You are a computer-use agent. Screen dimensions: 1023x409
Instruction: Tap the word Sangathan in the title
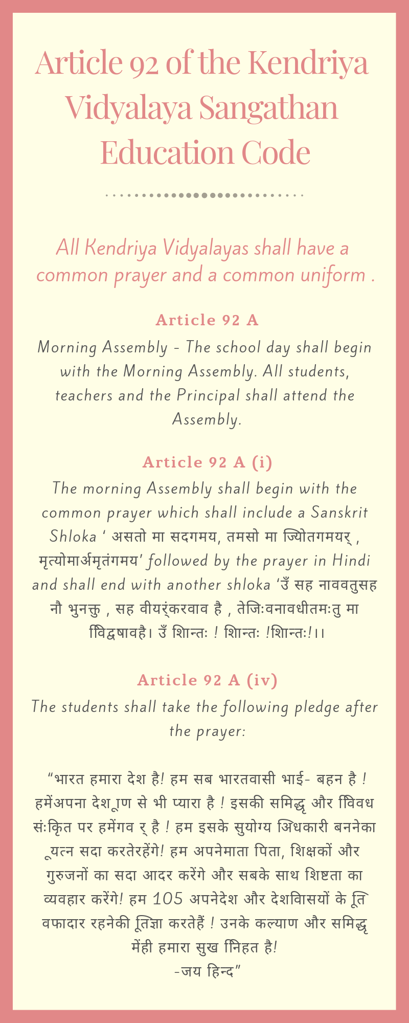(268, 107)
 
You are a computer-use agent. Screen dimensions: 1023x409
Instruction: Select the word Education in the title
(167, 152)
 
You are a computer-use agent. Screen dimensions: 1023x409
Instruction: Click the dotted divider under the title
(204, 195)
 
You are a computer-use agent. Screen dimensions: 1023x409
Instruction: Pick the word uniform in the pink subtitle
(333, 275)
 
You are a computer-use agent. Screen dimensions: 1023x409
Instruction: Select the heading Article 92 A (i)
(207, 462)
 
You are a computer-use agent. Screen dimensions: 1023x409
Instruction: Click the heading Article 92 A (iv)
(207, 680)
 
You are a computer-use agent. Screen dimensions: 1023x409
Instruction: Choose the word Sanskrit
(339, 513)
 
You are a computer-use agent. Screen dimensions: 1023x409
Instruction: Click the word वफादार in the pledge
(63, 923)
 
